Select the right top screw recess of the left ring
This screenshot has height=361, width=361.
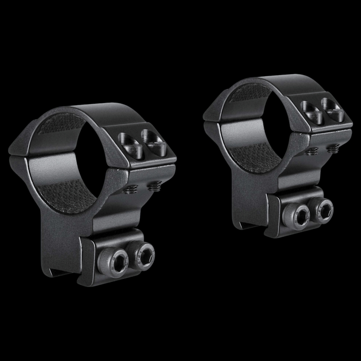click(x=152, y=141)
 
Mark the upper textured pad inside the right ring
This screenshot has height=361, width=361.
click(x=246, y=93)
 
